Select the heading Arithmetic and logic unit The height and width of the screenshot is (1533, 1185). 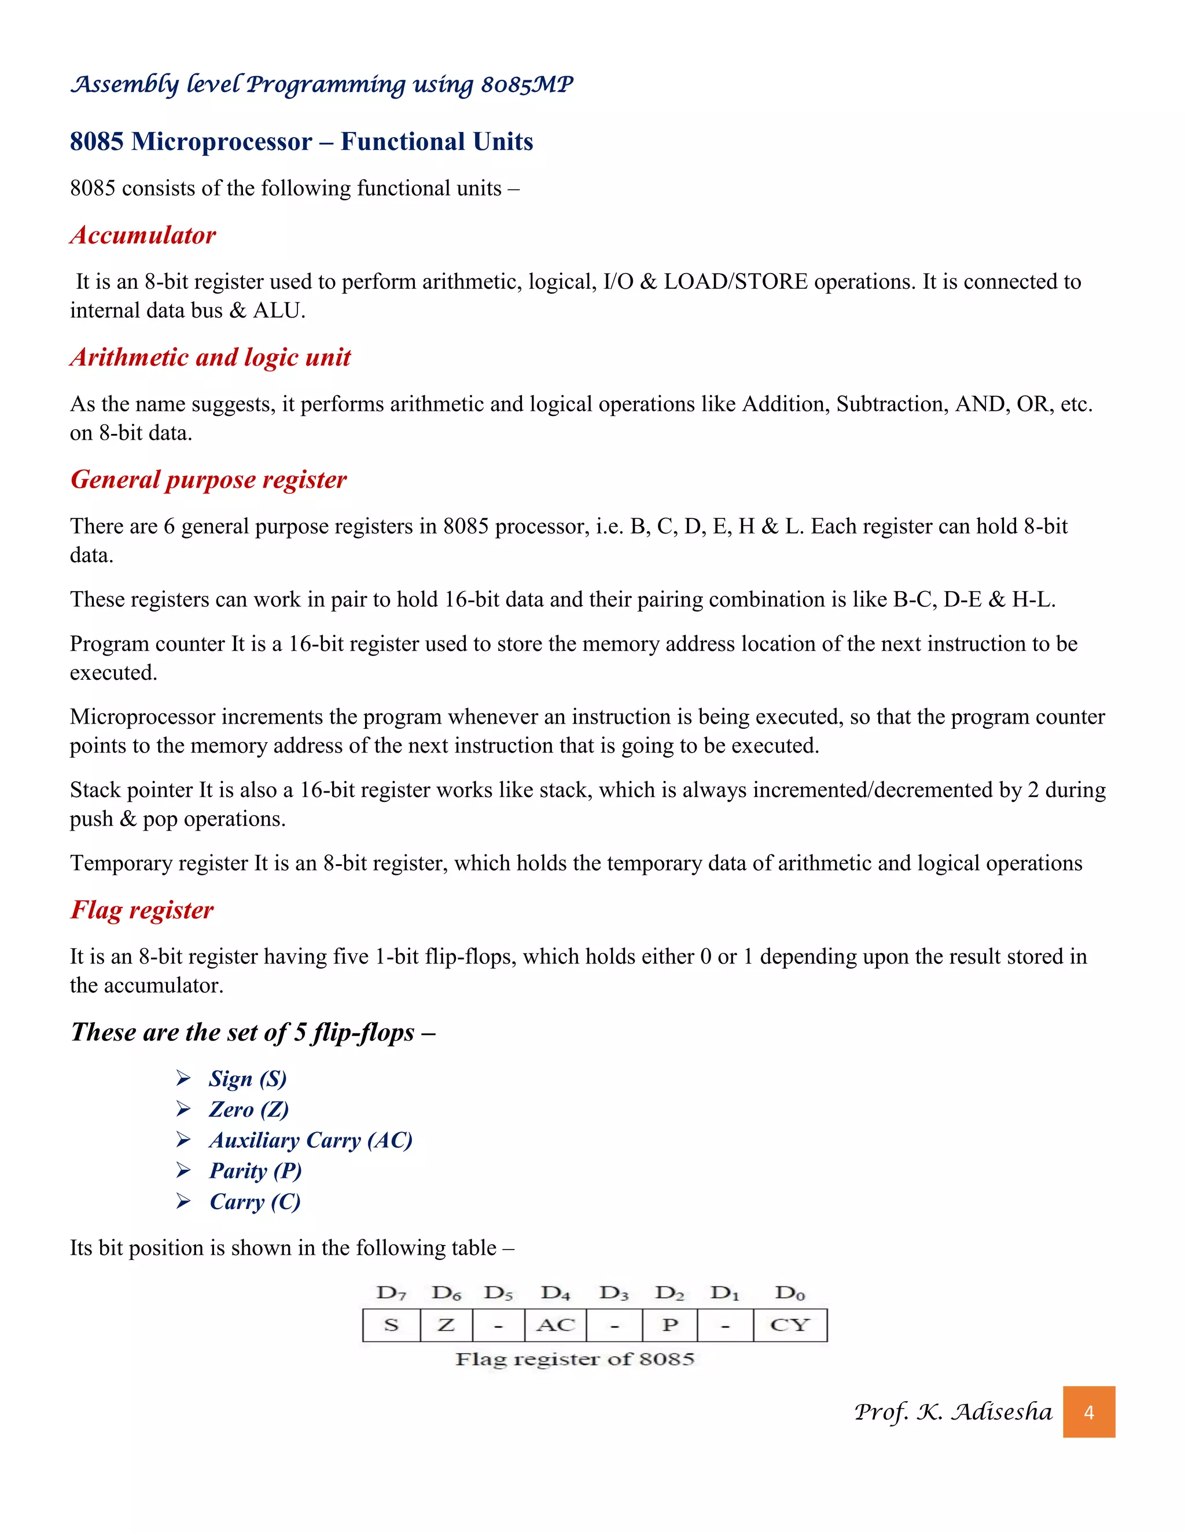(x=210, y=358)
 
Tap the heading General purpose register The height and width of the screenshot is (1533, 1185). (x=208, y=480)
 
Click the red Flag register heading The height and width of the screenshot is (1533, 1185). (x=142, y=910)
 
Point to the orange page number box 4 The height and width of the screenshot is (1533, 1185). (x=1088, y=1412)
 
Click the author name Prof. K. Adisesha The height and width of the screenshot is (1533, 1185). (x=952, y=1412)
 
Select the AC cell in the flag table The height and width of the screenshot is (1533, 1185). (x=555, y=1325)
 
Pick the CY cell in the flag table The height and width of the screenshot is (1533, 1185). (x=790, y=1325)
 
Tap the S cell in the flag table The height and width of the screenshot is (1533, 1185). (x=391, y=1325)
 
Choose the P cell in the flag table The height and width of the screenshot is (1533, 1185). (x=669, y=1325)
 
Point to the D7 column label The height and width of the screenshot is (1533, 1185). (x=391, y=1293)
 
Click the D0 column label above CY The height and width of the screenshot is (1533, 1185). (x=790, y=1293)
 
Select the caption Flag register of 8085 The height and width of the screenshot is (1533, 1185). (x=574, y=1359)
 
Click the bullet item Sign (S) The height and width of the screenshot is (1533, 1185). (x=248, y=1078)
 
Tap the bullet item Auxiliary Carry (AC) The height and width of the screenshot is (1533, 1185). (x=310, y=1140)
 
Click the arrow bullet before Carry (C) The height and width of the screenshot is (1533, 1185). (x=183, y=1202)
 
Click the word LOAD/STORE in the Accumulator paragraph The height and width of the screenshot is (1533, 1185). (x=735, y=282)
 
